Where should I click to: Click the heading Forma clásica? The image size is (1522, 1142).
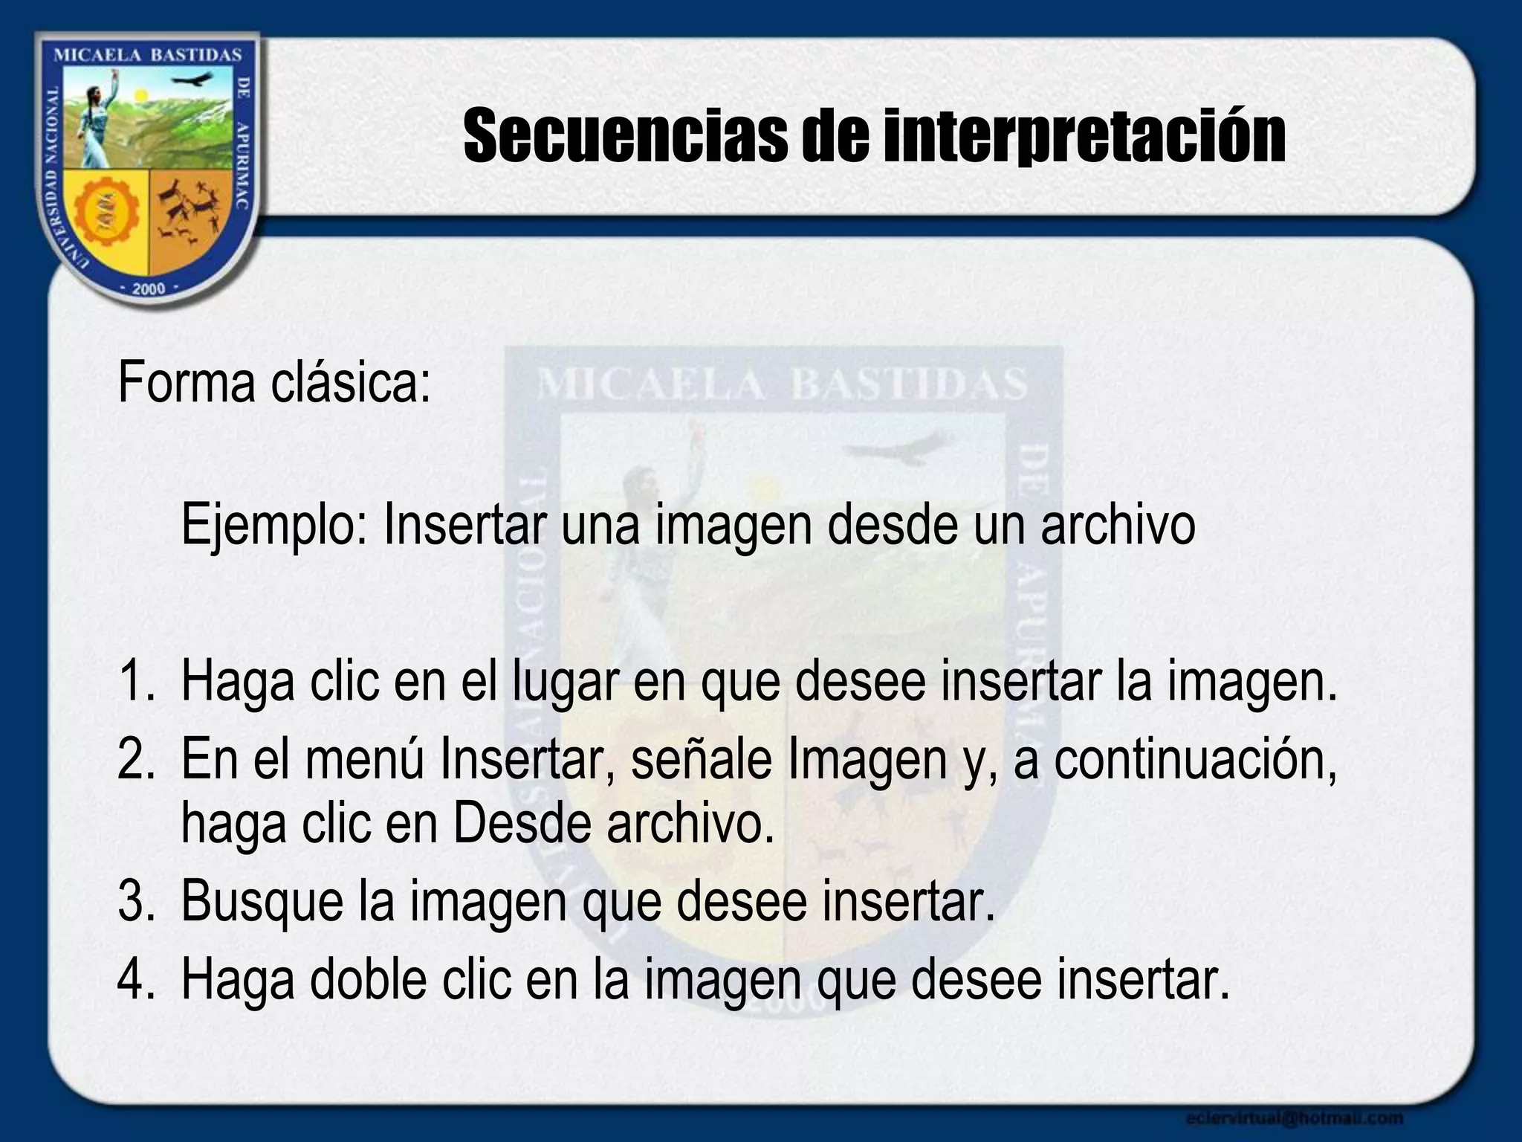pyautogui.click(x=274, y=384)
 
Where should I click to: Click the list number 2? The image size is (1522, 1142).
pyautogui.click(x=135, y=760)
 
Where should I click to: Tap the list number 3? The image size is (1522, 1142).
pyautogui.click(x=135, y=902)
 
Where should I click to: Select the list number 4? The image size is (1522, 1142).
pyautogui.click(x=135, y=981)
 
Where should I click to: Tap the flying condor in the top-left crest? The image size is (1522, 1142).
pyautogui.click(x=191, y=80)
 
